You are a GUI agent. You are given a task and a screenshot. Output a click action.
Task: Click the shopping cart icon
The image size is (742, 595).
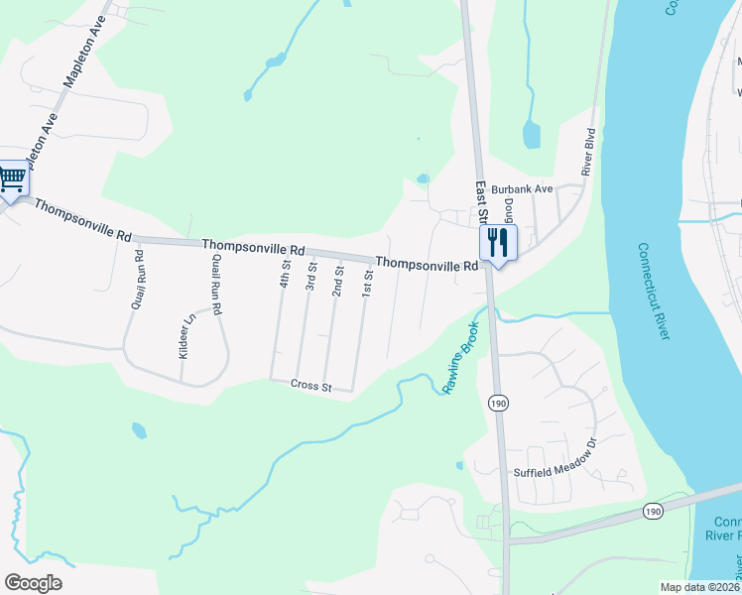pyautogui.click(x=12, y=180)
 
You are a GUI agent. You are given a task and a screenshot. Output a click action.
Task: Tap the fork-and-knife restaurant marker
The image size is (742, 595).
pyautogui.click(x=498, y=243)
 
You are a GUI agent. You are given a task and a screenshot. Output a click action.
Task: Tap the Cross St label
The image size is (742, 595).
pyautogui.click(x=311, y=386)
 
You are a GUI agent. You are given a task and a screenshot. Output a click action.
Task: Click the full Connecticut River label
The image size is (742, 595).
pyautogui.click(x=655, y=293)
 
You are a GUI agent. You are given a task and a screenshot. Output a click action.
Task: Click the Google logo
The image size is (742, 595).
pyautogui.click(x=33, y=583)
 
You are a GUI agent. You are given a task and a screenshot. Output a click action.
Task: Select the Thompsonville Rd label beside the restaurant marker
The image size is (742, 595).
pyautogui.click(x=427, y=265)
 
